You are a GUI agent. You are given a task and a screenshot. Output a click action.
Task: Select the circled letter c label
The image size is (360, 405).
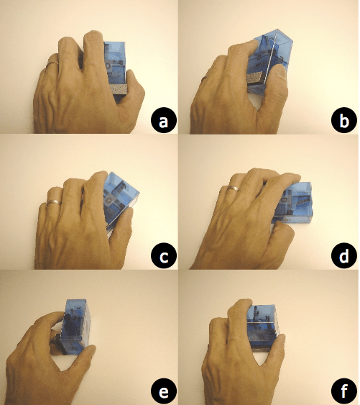[x=164, y=256]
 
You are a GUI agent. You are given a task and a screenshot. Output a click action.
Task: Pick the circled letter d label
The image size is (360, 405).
[x=344, y=256]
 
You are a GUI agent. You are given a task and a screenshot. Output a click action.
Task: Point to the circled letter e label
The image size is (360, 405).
[x=164, y=391]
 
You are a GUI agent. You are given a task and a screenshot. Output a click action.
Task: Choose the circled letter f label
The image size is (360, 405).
[x=344, y=391]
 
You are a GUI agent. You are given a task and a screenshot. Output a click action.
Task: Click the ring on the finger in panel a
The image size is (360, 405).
[x=52, y=65]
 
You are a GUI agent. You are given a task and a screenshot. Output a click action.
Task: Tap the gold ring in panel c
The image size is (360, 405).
[x=53, y=199]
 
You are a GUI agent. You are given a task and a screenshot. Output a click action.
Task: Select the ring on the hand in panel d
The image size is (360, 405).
[x=232, y=188]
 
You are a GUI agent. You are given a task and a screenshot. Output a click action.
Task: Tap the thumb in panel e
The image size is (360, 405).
[x=75, y=360]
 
